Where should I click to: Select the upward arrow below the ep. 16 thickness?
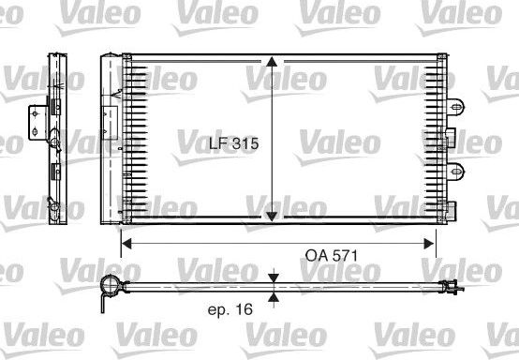(x=272, y=297)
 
